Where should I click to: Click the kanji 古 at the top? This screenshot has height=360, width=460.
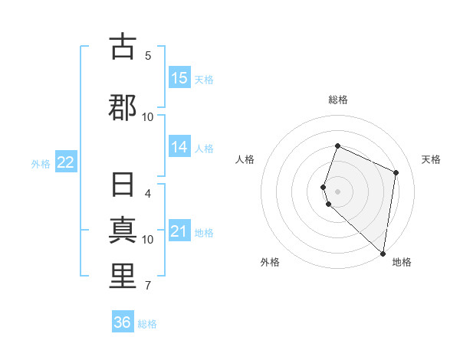tap(122, 47)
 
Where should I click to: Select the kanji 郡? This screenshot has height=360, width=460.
tap(122, 106)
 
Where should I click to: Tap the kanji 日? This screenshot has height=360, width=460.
tap(122, 186)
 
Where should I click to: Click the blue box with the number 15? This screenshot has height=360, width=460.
tap(179, 78)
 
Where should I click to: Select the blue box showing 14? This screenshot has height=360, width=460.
tap(179, 147)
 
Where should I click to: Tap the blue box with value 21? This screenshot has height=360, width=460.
tap(179, 231)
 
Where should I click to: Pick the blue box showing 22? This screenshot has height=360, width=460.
tap(66, 162)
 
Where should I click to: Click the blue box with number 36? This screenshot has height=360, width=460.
tap(123, 322)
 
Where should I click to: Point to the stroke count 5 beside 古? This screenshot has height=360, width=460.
tap(148, 55)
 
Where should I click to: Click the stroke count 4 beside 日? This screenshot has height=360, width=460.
tap(148, 194)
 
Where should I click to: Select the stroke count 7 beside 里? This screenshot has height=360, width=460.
tap(148, 286)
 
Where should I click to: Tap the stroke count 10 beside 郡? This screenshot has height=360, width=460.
tap(148, 116)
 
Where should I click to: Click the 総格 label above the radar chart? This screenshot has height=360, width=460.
tap(337, 100)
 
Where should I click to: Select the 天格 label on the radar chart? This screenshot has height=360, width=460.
tap(431, 159)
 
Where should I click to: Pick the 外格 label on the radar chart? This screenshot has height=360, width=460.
tap(270, 263)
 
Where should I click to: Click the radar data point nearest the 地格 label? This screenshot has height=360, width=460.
tap(383, 254)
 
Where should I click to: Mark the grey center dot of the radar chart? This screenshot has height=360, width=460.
tap(337, 191)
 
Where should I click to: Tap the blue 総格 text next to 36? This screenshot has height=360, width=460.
tap(148, 324)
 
